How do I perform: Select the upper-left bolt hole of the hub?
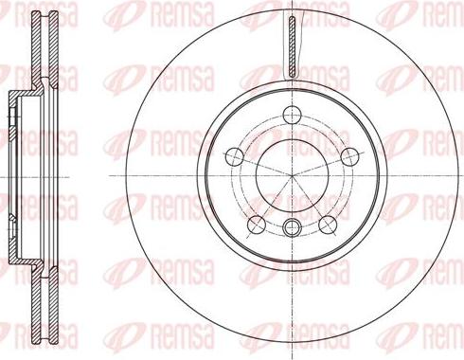click(236, 155)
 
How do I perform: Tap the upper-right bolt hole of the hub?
click(348, 155)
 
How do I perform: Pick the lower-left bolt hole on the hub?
click(257, 224)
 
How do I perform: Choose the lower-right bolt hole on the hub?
click(327, 224)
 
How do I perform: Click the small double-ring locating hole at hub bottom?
click(293, 225)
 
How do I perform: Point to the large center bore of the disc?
click(293, 176)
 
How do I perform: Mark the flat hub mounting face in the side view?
click(11, 176)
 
